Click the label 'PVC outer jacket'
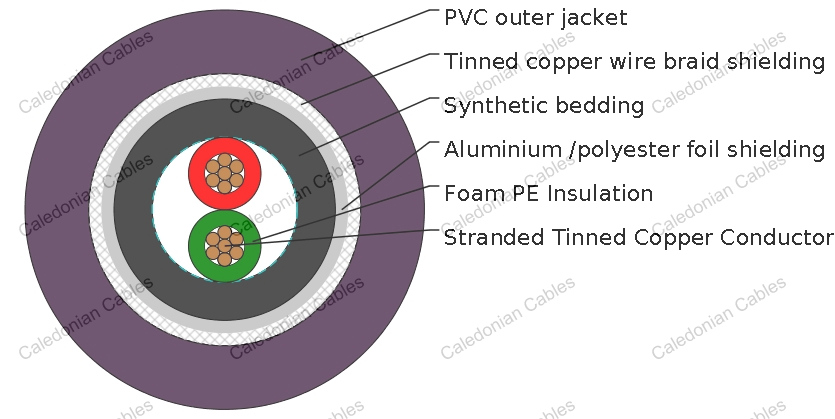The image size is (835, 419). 535,18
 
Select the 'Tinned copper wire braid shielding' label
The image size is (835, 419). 634,62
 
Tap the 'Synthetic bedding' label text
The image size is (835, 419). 543,106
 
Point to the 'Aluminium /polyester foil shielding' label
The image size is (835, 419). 634,150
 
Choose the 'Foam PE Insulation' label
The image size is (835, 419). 548,194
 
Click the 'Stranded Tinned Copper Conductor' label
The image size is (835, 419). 638,238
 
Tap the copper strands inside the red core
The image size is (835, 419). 225,173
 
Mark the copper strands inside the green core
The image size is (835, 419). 225,245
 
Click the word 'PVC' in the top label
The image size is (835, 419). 464,18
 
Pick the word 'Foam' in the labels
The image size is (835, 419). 470,194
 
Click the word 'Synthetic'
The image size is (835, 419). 489,106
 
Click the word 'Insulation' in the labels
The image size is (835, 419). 599,194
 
